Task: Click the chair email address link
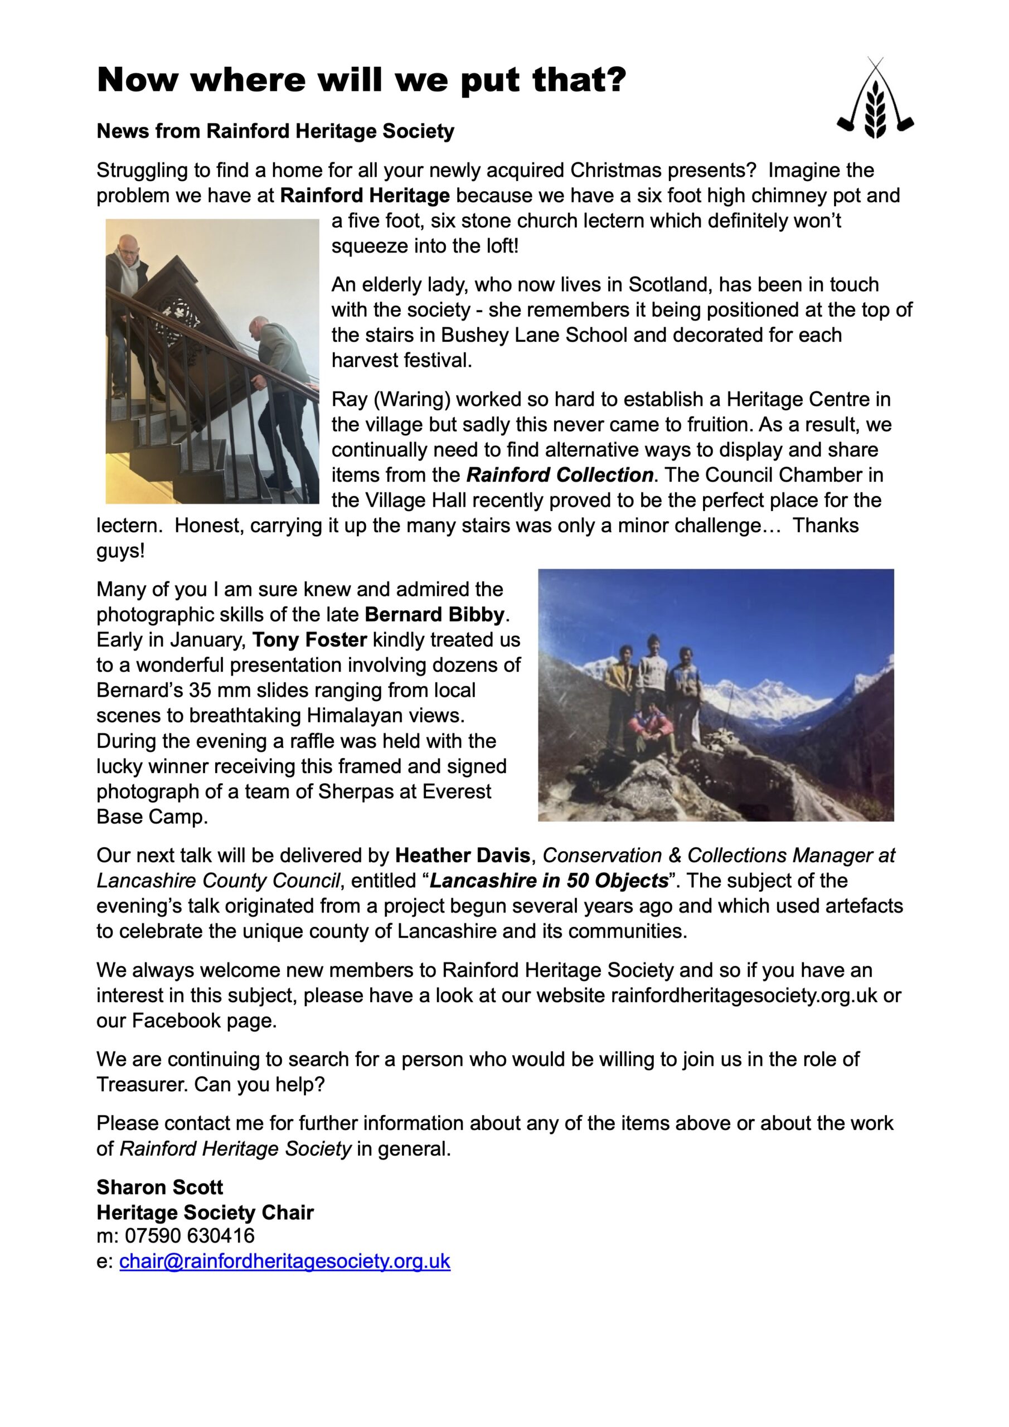click(x=284, y=1260)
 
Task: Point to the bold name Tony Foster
click(x=309, y=639)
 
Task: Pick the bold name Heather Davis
click(x=462, y=855)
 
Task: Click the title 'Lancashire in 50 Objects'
click(x=549, y=881)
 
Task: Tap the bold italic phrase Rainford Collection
click(x=560, y=475)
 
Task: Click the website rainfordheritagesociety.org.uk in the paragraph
click(x=744, y=995)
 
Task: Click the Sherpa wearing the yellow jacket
click(x=620, y=677)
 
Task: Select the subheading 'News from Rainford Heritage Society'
click(x=275, y=131)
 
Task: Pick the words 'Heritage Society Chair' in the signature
click(x=205, y=1212)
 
